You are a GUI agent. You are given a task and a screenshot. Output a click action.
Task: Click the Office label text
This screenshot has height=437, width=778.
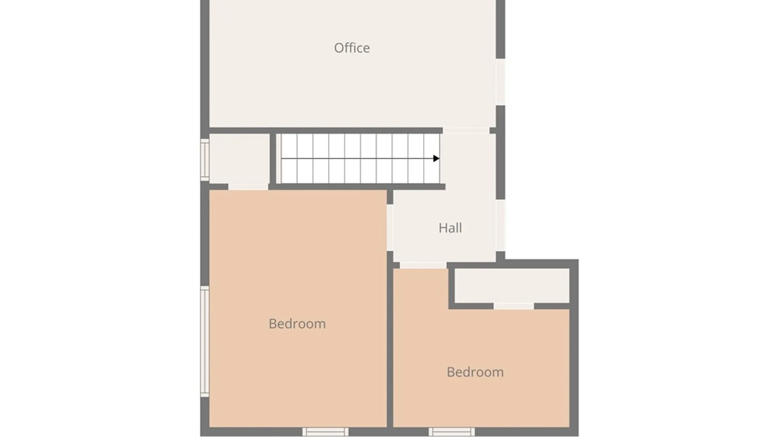point(352,48)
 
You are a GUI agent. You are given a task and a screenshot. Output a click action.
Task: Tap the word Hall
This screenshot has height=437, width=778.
point(450,228)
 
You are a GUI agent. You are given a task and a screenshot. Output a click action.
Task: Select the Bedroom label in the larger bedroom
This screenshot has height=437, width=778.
point(297,324)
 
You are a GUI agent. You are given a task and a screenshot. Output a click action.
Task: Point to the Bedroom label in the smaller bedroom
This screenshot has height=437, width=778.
point(475,372)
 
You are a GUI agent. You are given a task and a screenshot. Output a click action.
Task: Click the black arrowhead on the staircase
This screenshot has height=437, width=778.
point(436,158)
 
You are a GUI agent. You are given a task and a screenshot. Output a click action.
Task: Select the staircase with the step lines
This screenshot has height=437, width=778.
point(360,158)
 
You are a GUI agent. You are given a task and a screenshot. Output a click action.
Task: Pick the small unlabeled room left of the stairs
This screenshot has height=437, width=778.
point(239,158)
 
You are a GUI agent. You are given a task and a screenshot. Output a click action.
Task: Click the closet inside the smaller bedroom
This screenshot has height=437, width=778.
point(512,285)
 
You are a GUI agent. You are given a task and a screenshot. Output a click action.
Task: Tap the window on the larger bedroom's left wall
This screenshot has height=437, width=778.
point(205,342)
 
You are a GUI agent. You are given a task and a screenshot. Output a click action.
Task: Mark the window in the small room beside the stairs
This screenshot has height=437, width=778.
point(205,160)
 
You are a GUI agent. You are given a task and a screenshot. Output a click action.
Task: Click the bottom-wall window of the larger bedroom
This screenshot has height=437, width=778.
point(325,432)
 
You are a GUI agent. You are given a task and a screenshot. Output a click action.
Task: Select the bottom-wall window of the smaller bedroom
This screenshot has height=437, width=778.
point(451,432)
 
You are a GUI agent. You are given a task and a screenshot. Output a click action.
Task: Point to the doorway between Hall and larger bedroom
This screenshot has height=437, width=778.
point(390,227)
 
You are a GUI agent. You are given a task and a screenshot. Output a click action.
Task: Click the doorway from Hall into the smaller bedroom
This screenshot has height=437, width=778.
point(423,265)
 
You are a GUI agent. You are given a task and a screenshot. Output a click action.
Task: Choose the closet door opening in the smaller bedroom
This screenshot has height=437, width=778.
point(513,306)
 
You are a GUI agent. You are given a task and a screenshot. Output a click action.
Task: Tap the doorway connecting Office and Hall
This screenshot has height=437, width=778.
point(466,130)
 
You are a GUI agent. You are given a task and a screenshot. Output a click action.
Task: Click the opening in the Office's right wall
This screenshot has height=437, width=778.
point(501,82)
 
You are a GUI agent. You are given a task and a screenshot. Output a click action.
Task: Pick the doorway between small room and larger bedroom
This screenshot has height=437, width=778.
point(248,187)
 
